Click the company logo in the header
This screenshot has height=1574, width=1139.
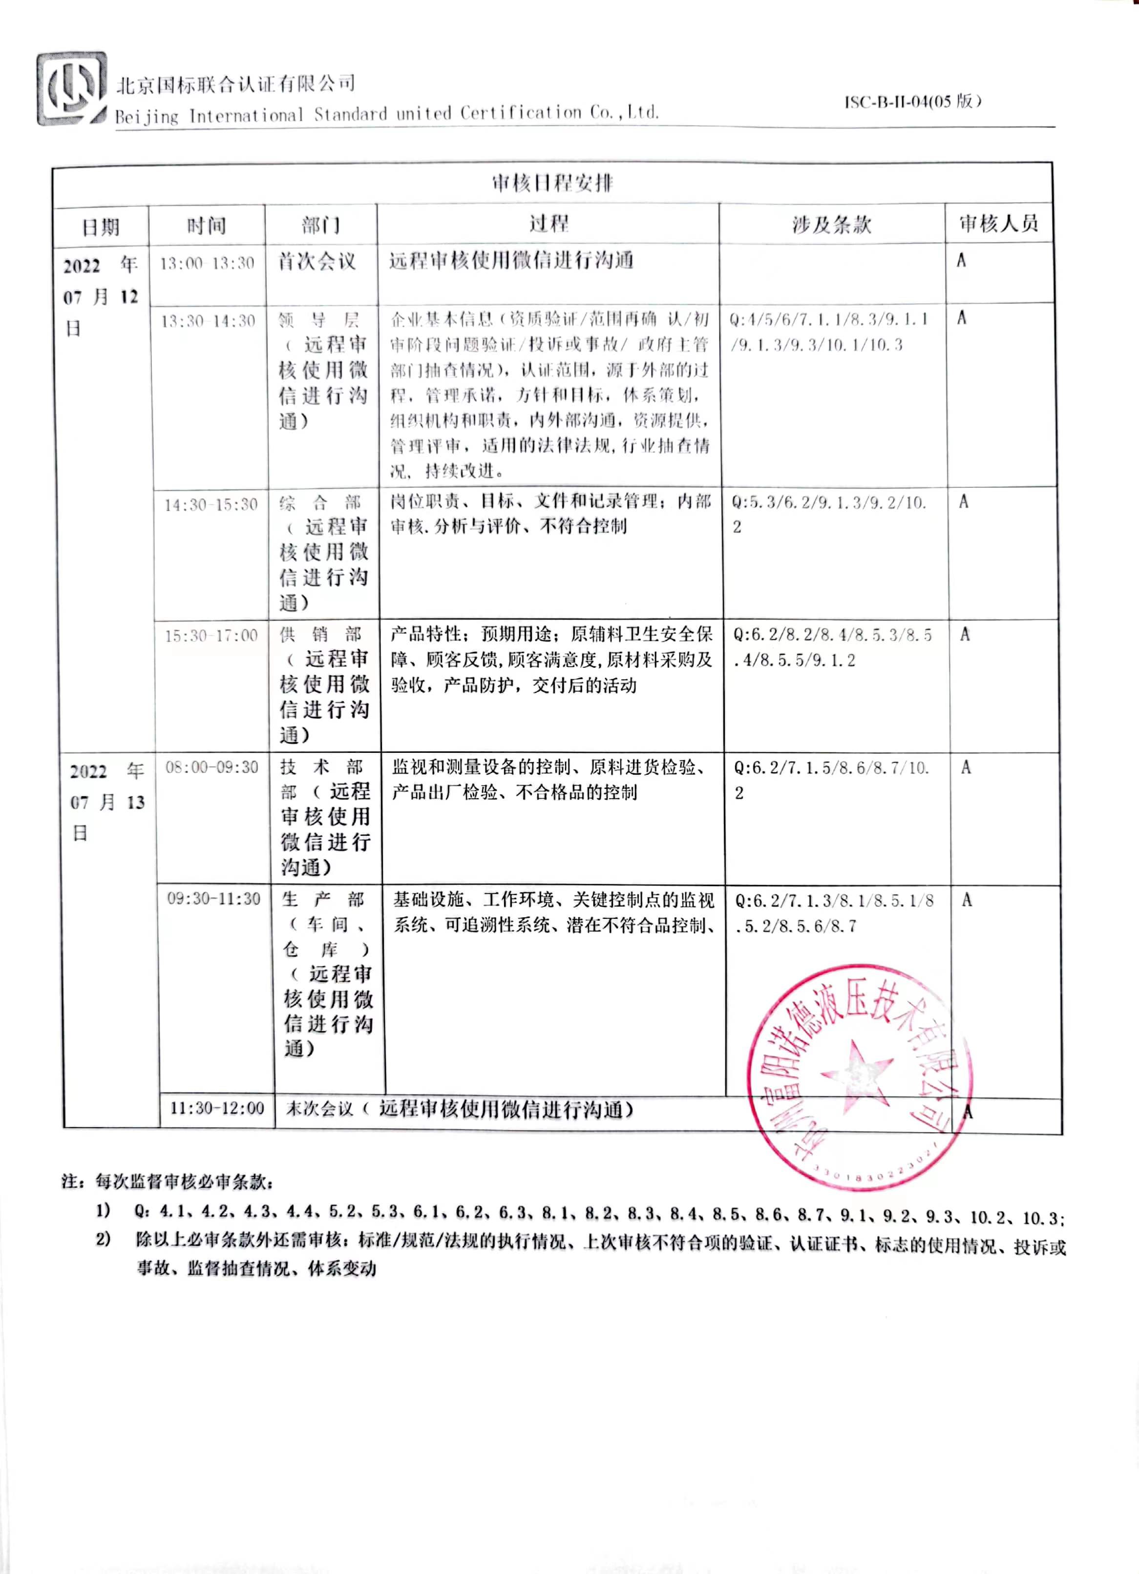[x=71, y=89]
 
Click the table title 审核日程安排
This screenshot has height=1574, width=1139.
[x=552, y=183]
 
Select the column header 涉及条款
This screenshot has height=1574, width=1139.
[x=831, y=224]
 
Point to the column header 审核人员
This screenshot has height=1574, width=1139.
[x=998, y=224]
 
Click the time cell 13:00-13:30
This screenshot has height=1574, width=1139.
[x=207, y=263]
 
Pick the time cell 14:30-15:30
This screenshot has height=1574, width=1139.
[x=211, y=504]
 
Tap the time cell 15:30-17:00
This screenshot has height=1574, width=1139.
[x=211, y=635]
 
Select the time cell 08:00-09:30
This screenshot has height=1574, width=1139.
[x=211, y=767]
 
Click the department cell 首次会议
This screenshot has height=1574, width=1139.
[x=317, y=262]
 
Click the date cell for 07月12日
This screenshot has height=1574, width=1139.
[x=101, y=296]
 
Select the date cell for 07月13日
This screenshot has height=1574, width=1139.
[x=107, y=802]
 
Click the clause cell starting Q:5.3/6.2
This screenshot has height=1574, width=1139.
[x=829, y=514]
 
